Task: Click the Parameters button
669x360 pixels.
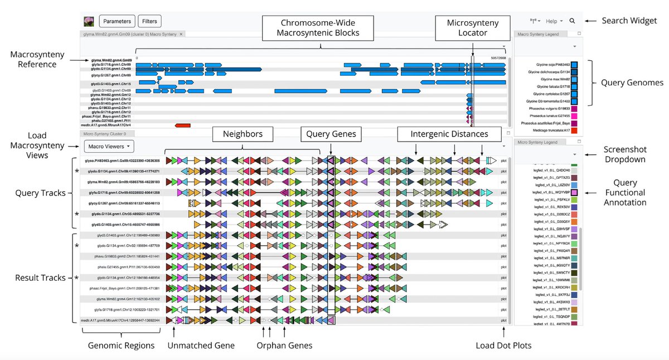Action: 117,22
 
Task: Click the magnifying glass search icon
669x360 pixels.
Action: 572,21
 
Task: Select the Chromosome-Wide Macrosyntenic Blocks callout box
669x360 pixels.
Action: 318,27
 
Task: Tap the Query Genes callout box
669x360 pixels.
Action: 331,134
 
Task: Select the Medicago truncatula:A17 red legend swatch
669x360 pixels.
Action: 574,130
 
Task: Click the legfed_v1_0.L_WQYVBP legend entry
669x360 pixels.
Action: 552,192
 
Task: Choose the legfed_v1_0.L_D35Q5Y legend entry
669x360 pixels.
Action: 552,222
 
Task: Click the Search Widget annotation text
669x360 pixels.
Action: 629,21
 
